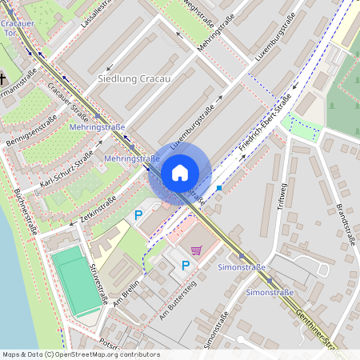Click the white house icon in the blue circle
[x=180, y=173]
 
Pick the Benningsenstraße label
[x=33, y=133]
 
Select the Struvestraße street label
[x=98, y=281]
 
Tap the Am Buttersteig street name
[x=177, y=302]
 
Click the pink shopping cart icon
[x=196, y=249]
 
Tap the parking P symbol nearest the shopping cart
[x=186, y=266]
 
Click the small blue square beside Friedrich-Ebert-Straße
[x=219, y=188]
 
